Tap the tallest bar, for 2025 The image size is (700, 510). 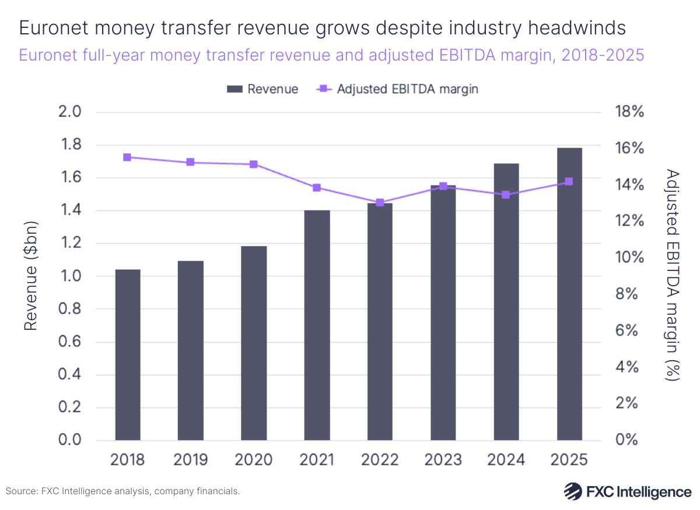pos(569,294)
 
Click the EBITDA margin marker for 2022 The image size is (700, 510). pos(380,203)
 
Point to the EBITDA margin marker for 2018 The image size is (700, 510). pos(127,157)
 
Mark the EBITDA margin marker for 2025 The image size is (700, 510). pos(569,182)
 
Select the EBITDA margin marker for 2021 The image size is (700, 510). pos(317,188)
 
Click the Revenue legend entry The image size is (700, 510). pos(262,89)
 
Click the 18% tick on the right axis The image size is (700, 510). pos(629,112)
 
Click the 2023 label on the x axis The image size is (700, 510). pos(443,460)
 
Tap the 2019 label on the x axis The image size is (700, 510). pos(190,460)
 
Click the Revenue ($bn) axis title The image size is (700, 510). pos(30,276)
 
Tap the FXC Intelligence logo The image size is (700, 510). pos(628,491)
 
